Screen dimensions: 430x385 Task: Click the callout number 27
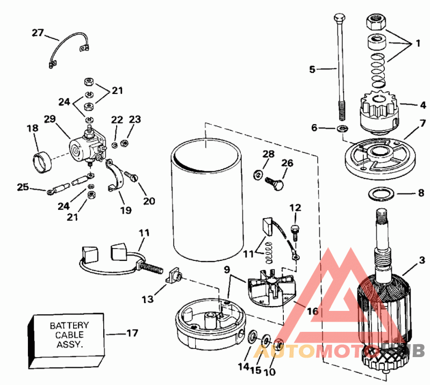(37, 33)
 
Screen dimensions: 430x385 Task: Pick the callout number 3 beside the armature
(422, 259)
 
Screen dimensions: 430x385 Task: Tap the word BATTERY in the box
(69, 325)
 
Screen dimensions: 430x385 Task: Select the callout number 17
(132, 333)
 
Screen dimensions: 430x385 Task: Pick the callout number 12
(295, 207)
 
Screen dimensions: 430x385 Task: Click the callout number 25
(22, 187)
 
